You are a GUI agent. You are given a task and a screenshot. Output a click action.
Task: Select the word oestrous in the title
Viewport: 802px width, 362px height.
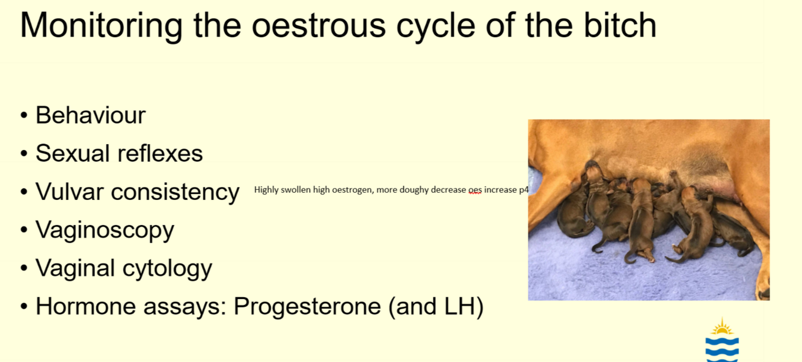click(319, 26)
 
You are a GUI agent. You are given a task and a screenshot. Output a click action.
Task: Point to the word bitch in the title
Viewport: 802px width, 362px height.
click(620, 24)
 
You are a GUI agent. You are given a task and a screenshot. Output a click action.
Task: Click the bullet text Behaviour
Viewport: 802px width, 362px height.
click(91, 115)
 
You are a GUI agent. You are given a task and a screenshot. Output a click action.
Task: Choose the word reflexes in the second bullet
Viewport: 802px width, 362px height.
click(160, 153)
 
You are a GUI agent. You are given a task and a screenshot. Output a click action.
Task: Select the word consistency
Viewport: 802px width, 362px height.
click(175, 193)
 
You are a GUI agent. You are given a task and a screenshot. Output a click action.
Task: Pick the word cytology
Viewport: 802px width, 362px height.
click(167, 269)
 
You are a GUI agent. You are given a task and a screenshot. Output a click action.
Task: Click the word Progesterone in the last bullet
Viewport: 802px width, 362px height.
click(307, 307)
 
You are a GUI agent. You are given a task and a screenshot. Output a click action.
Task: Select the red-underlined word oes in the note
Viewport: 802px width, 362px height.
click(475, 190)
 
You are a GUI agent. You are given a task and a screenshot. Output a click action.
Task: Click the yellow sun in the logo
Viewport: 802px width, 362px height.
click(722, 327)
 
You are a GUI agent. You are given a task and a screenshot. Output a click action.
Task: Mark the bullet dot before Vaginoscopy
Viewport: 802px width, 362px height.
click(24, 230)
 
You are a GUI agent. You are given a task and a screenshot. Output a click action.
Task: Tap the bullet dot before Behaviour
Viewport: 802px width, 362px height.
click(24, 115)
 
